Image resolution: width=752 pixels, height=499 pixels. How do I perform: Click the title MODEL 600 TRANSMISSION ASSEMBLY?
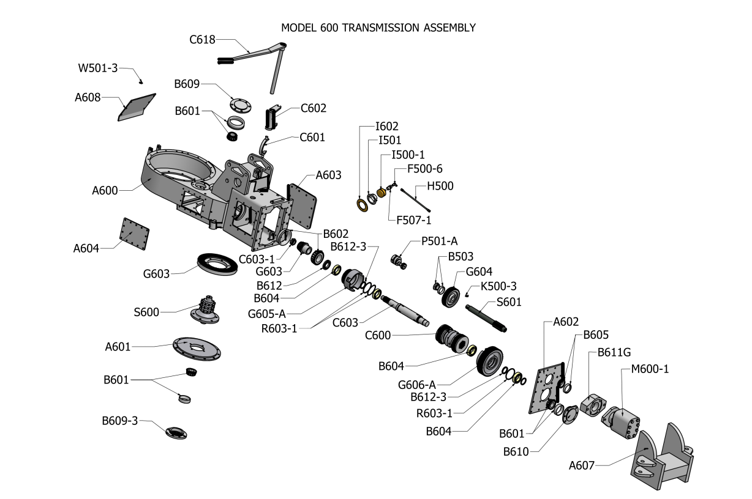[378, 28]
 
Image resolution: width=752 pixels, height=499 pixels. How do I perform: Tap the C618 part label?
[202, 40]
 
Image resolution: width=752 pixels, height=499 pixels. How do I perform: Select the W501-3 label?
[97, 68]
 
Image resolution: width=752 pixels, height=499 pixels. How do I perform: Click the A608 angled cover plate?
[137, 108]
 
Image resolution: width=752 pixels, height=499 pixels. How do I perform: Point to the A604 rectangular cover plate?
[135, 234]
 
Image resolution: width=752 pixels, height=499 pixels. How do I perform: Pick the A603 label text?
[328, 176]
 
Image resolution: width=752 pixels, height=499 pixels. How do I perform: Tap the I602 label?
[387, 127]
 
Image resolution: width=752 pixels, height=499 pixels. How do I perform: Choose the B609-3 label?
[120, 421]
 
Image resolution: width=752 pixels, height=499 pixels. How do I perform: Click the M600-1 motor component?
[622, 421]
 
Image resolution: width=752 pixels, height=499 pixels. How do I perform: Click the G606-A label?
[416, 385]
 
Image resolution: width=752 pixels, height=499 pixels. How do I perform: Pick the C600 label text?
[378, 335]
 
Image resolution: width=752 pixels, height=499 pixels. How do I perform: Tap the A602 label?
[566, 322]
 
